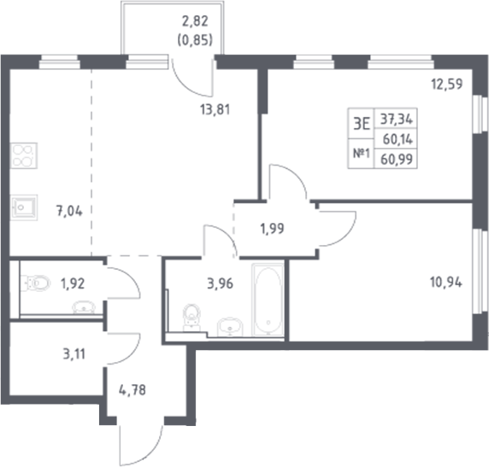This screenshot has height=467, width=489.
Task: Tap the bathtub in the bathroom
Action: click(268, 302)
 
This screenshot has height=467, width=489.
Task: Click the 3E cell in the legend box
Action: click(361, 123)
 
